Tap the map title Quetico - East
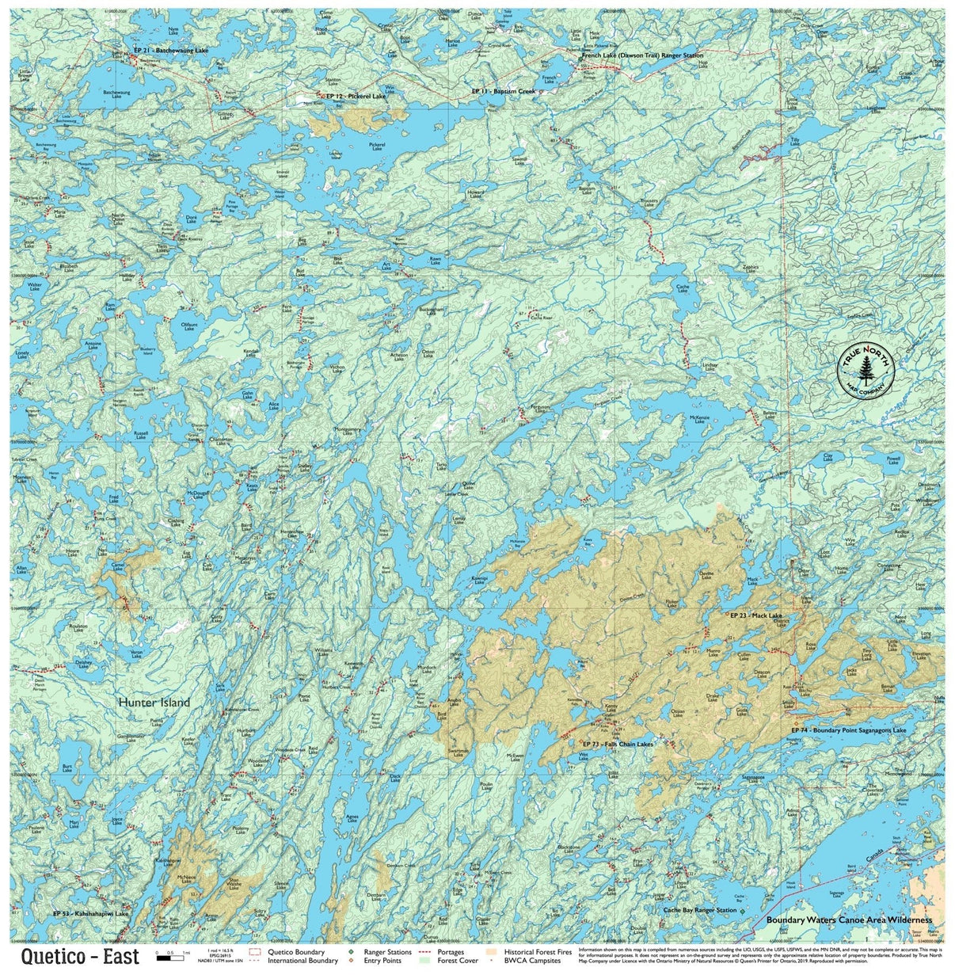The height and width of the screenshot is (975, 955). (x=80, y=956)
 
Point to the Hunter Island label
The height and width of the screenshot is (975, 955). (x=154, y=702)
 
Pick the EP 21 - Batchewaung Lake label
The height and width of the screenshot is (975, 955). (x=171, y=51)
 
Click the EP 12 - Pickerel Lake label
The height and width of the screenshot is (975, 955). (x=356, y=96)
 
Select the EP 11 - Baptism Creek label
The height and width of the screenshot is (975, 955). (x=504, y=91)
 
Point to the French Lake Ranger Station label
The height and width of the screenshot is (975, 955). (x=642, y=56)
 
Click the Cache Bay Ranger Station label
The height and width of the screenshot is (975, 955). (x=699, y=910)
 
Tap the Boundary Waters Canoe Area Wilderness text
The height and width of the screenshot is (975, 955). (x=849, y=920)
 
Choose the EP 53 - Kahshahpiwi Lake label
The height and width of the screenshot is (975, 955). (x=90, y=913)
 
